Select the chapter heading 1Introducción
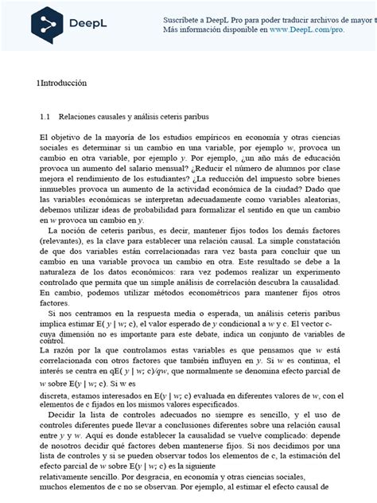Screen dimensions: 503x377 61,83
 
